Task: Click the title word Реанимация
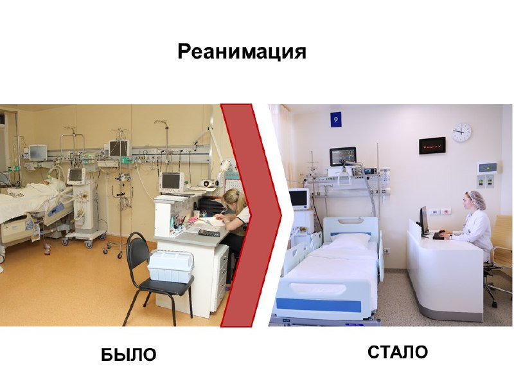242,51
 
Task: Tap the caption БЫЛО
128,355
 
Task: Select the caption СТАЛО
397,352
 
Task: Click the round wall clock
461,133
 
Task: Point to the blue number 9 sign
335,120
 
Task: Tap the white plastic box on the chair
169,267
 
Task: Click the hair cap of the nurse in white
477,198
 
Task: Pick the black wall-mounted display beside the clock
432,146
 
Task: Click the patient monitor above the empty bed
343,156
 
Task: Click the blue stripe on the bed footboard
319,304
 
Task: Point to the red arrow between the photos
251,216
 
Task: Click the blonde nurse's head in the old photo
235,200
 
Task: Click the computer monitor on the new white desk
423,221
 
